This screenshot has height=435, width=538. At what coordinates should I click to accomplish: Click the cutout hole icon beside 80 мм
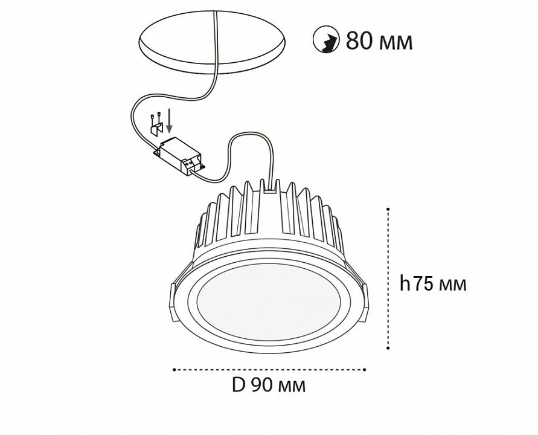[326, 39]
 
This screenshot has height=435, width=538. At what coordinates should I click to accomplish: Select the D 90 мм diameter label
[269, 385]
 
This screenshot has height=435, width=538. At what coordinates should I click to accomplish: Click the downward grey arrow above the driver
[169, 120]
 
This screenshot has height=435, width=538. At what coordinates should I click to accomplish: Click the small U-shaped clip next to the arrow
[156, 129]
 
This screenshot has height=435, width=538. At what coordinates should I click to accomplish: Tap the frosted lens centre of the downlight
[269, 302]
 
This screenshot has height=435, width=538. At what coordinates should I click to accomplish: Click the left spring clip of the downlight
[173, 303]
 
